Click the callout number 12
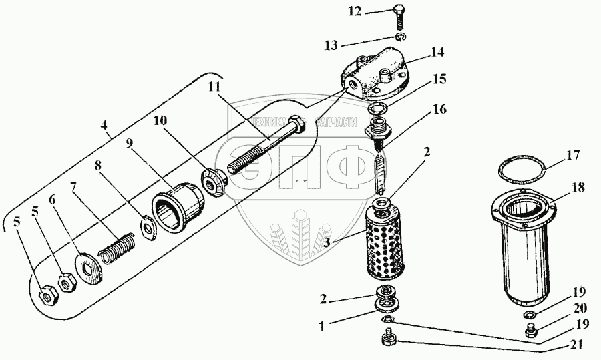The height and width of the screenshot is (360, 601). click(373, 11)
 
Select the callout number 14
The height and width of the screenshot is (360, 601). click(438, 51)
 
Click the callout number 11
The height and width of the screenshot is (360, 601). click(213, 87)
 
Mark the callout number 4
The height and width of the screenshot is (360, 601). click(104, 125)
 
